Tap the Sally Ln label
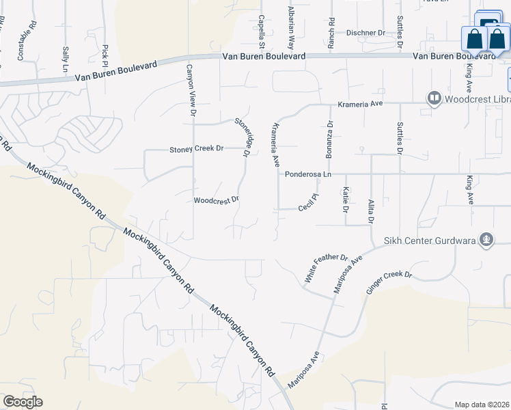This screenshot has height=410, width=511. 66,60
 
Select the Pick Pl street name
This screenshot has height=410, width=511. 105,52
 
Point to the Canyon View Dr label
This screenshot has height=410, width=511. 193,90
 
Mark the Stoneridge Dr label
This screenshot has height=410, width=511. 241,137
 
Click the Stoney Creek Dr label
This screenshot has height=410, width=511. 197,148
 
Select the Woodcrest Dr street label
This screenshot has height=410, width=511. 216,200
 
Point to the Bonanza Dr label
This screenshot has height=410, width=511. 329,139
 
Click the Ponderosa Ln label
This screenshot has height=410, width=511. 308,174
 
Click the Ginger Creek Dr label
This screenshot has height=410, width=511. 389,284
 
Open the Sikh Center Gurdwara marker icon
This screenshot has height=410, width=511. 486,239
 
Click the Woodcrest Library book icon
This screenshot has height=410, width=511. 433,99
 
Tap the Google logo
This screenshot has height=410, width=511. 23,402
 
